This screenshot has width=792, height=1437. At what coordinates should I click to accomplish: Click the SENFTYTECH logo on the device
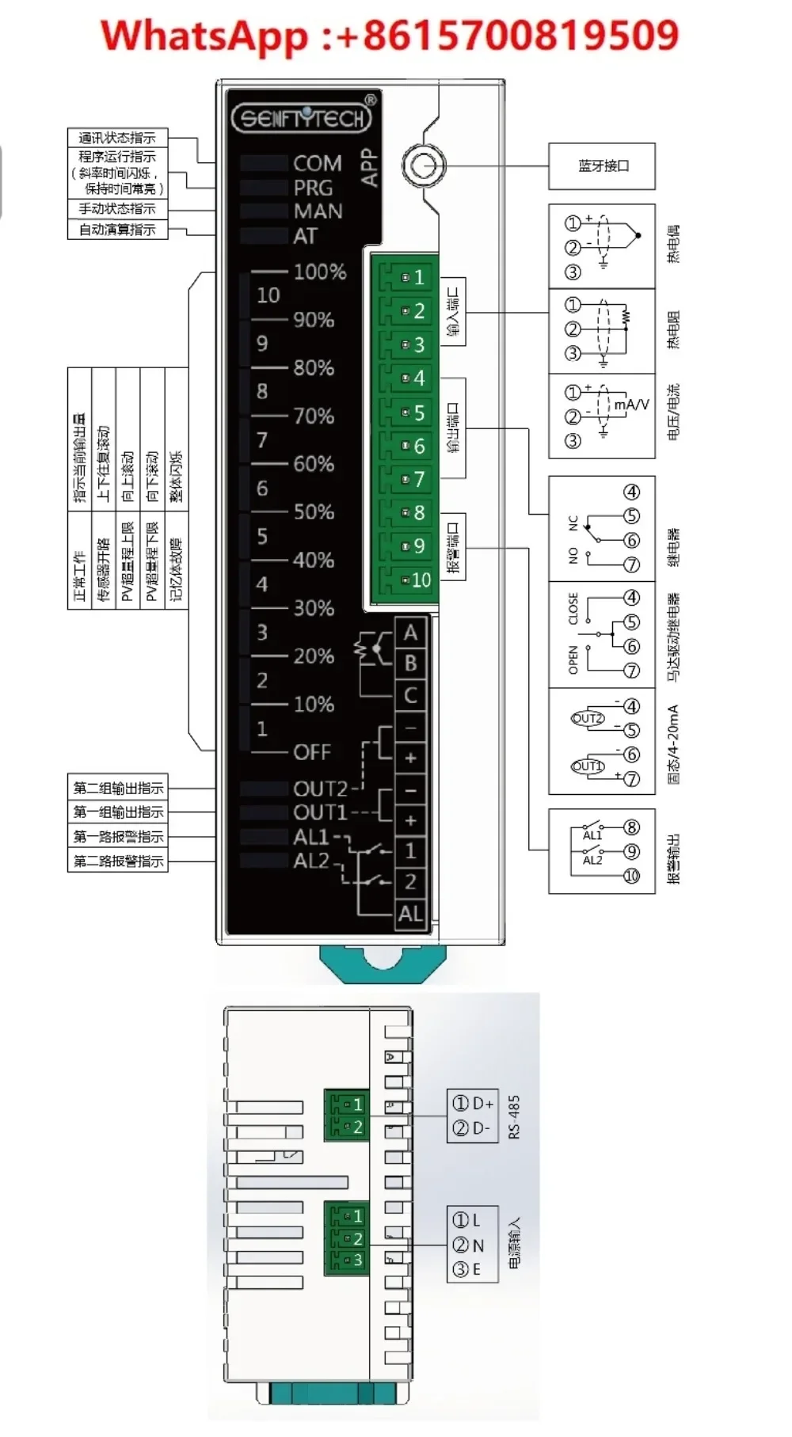coord(302,119)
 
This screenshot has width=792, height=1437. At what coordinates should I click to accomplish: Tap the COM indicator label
coord(317,164)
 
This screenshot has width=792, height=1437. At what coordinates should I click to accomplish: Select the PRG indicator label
coord(313,188)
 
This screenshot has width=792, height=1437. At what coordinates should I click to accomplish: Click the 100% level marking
coord(320,272)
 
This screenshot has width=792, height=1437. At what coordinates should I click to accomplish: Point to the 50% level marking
coord(314,512)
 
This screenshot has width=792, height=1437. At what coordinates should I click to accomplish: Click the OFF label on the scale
coord(312,752)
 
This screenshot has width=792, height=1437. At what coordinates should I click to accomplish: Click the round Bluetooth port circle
coord(424,166)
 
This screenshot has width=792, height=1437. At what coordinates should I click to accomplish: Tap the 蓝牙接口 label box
coord(602,166)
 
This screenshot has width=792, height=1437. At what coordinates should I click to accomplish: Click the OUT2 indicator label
coord(320,789)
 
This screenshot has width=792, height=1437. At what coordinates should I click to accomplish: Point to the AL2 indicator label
coord(310,861)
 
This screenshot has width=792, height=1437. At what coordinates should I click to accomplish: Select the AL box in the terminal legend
coord(410,914)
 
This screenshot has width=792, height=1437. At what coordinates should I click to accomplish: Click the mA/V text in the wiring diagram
coord(631,405)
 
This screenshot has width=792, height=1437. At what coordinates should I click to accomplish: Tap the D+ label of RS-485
coord(482,1103)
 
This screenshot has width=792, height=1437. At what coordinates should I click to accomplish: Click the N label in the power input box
coord(478,1245)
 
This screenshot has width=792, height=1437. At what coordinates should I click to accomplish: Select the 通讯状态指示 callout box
coord(117,138)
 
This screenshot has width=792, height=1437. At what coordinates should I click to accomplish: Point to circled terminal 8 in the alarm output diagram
coord(631,827)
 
